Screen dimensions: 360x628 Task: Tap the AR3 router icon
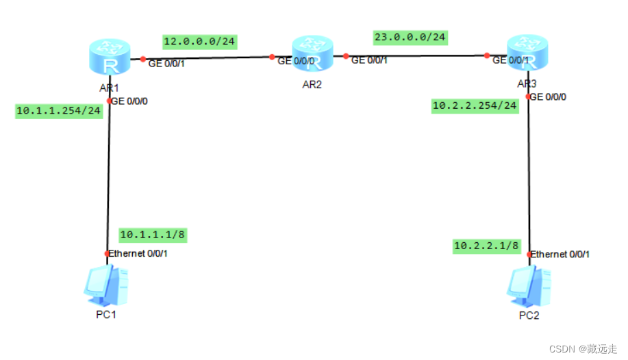[527, 54]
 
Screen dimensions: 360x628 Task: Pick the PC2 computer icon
[529, 285]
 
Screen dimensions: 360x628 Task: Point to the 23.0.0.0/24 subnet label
[410, 36]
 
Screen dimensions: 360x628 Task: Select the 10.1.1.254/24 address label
[59, 111]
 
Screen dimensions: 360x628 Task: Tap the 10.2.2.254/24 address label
[475, 105]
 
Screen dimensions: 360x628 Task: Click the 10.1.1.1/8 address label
[152, 235]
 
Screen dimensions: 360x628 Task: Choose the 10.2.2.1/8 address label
[486, 245]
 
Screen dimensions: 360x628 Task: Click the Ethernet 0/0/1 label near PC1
[139, 253]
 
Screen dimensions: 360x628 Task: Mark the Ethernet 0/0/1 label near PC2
[561, 254]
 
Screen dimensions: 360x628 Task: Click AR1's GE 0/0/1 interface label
[166, 64]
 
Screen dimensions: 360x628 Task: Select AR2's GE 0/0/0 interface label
[296, 61]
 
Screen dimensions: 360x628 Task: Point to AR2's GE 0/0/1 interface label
[369, 60]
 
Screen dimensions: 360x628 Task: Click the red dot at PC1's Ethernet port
[107, 254]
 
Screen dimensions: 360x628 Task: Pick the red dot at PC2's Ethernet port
[529, 254]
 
